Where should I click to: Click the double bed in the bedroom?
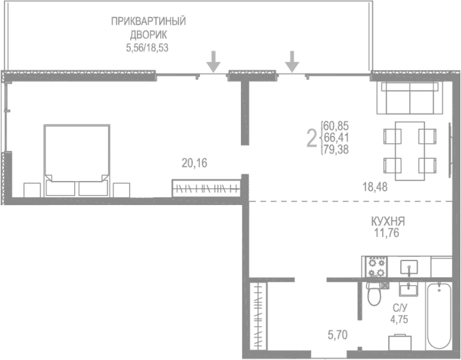click(76, 159)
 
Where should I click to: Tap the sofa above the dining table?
click(409, 99)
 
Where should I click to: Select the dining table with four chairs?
click(409, 150)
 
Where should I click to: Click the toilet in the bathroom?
click(374, 296)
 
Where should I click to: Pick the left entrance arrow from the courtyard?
click(213, 61)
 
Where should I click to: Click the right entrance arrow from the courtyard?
click(292, 61)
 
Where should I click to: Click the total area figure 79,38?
click(335, 148)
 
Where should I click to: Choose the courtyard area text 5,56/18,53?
click(148, 48)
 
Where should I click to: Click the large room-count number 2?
click(312, 137)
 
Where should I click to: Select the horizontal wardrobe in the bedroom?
click(206, 188)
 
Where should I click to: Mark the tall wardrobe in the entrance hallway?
click(258, 317)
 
